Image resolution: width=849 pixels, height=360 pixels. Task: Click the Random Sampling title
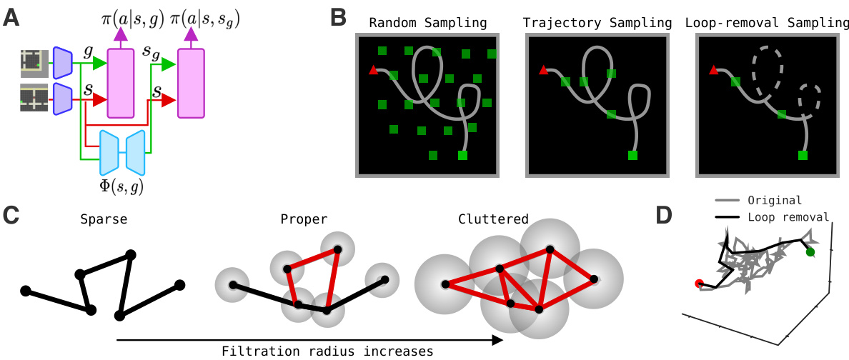(427, 22)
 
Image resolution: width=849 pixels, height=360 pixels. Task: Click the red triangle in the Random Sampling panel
(373, 70)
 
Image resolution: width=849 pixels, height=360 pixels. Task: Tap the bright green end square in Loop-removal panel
(803, 155)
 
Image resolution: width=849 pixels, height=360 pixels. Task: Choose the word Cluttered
(493, 219)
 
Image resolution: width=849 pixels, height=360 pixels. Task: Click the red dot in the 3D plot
(699, 284)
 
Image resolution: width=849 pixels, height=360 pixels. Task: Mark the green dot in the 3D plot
(810, 252)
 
